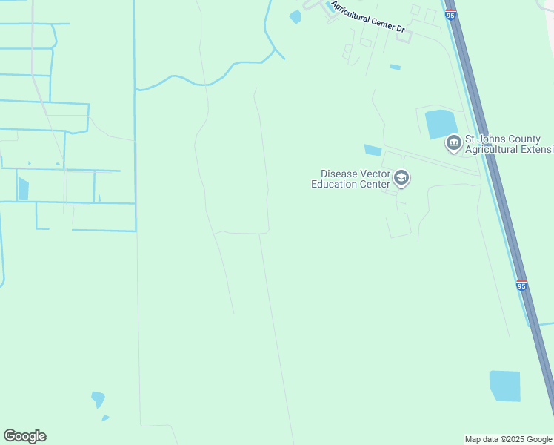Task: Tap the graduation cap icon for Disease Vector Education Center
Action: pos(401,177)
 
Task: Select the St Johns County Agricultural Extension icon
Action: pos(453,142)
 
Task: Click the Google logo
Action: pos(24,436)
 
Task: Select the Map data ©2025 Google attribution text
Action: pos(507,439)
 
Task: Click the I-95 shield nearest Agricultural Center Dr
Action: pos(451,14)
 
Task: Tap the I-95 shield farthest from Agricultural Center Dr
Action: pos(521,286)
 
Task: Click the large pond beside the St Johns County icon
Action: pos(441,124)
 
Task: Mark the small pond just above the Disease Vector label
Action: pos(373,150)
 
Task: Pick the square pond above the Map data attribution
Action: pos(504,386)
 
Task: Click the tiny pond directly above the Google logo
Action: pos(105,418)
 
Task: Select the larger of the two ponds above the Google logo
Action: pos(98,399)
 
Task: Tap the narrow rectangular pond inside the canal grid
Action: pos(23,188)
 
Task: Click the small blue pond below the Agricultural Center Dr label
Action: pos(395,67)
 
